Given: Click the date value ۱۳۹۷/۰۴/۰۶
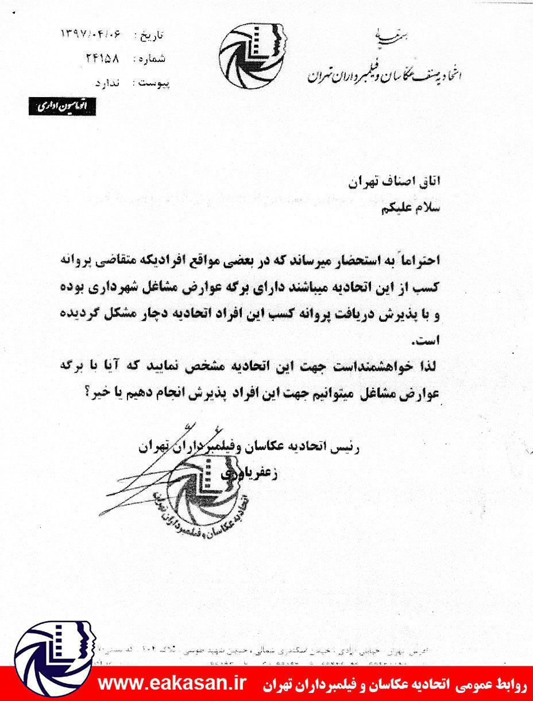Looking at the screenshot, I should point(91,34).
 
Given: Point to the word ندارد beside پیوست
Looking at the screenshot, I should point(110,84).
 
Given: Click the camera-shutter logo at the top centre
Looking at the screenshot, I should point(253,54).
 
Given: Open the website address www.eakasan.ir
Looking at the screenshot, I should point(172,684).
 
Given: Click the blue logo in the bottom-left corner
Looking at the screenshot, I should point(49,660).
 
